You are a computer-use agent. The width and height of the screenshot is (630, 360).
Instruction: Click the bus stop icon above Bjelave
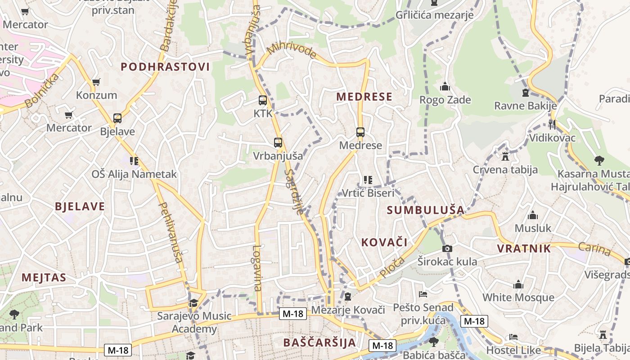coord(117,118)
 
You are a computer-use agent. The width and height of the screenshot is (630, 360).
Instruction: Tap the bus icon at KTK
coord(263,100)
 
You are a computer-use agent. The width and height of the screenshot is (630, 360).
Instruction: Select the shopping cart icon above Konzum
coord(96,82)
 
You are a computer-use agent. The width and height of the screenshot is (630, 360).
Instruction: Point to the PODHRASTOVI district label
coord(165,67)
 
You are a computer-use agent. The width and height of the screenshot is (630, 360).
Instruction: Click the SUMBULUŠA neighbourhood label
coord(425,210)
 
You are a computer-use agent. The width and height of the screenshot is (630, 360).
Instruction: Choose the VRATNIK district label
coord(524,248)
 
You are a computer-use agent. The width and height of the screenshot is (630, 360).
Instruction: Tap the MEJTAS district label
coord(44,277)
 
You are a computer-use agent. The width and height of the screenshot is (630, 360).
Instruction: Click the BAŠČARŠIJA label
coord(319,342)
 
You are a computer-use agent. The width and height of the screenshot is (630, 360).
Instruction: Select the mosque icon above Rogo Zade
coord(445,86)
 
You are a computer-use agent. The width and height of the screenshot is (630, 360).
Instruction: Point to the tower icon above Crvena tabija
coord(505,157)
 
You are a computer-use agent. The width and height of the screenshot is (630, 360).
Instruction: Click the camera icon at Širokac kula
coord(447,248)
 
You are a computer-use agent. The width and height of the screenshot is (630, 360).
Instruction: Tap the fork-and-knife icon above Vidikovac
coord(552,124)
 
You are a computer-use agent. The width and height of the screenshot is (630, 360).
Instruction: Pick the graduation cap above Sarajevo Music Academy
coord(193,303)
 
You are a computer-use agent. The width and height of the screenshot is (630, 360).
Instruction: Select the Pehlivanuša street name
coord(171,232)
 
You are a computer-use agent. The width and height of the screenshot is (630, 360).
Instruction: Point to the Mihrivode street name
coord(292,51)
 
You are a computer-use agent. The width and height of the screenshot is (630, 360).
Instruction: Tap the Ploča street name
coord(392,267)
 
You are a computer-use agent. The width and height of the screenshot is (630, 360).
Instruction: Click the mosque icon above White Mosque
coord(518,284)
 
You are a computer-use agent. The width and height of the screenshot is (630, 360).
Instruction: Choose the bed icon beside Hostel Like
coord(513,337)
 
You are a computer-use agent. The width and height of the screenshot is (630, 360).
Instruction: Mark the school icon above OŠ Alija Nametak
coord(134,161)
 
